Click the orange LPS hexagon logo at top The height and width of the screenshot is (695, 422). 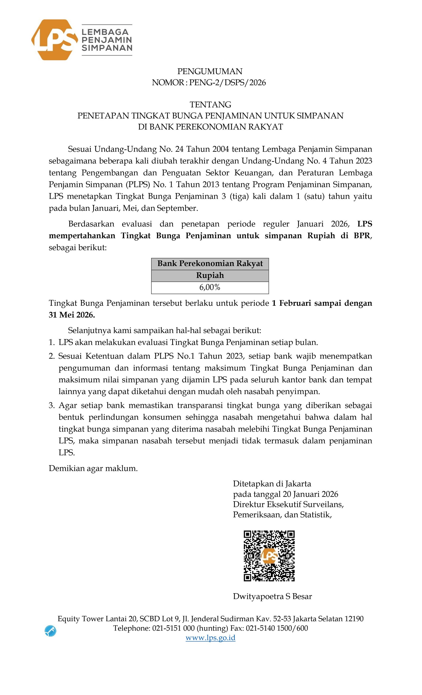pyautogui.click(x=54, y=40)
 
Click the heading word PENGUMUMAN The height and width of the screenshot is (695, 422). pyautogui.click(x=210, y=71)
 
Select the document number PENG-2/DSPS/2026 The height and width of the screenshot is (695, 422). pyautogui.click(x=227, y=83)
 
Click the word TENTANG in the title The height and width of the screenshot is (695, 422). pyautogui.click(x=210, y=105)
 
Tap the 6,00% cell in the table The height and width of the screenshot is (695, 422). pyautogui.click(x=210, y=287)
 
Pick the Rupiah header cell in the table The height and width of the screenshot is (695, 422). pyautogui.click(x=210, y=275)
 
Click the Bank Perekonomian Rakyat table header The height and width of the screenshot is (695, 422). pyautogui.click(x=210, y=263)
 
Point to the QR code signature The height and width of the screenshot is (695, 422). pyautogui.click(x=269, y=556)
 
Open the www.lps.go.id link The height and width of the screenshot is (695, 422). pyautogui.click(x=210, y=638)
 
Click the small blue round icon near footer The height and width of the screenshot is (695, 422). pyautogui.click(x=50, y=631)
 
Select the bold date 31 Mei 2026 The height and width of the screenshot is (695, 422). pyautogui.click(x=72, y=315)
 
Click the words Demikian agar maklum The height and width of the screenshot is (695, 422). pyautogui.click(x=93, y=468)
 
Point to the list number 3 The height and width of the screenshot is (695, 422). pyautogui.click(x=51, y=406)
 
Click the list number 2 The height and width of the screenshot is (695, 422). pyautogui.click(x=51, y=356)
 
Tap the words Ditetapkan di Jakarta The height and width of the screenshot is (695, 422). pyautogui.click(x=272, y=484)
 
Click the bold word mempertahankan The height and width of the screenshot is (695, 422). pyautogui.click(x=82, y=236)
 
